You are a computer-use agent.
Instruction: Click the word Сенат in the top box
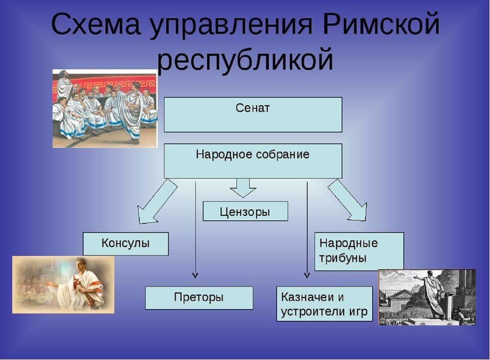coord(253,109)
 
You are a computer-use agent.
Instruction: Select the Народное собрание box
coord(253,161)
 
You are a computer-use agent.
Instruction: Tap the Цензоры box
coord(245,211)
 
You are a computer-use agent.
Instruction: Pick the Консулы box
coord(126,244)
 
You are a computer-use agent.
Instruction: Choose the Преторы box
coord(199,298)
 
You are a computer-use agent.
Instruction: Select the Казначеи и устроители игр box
coord(324,304)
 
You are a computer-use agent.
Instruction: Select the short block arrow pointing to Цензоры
coord(243,188)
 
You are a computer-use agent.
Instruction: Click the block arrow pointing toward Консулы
coord(156,201)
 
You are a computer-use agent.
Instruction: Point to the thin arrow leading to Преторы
coord(195,229)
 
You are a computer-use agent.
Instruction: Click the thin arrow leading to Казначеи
coord(307,229)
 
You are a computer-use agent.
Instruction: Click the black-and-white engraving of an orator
coord(427,297)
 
